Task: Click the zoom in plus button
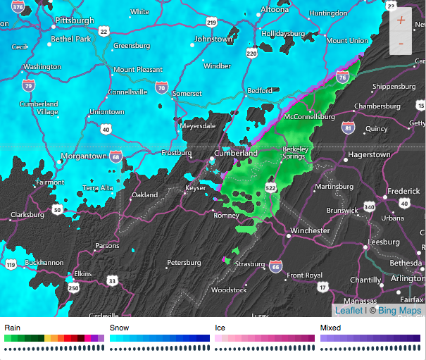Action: point(401,20)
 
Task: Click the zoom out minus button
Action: point(401,44)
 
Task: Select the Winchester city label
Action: point(309,230)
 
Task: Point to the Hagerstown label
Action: point(370,154)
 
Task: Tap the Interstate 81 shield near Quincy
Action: point(347,128)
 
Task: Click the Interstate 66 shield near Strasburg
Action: point(276,266)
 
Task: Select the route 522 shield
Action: point(271,187)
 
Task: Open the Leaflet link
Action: point(349,311)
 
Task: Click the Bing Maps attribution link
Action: point(400,311)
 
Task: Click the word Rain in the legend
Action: point(13,328)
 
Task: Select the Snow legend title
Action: point(119,328)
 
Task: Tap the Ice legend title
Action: point(220,328)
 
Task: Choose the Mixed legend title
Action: point(330,328)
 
